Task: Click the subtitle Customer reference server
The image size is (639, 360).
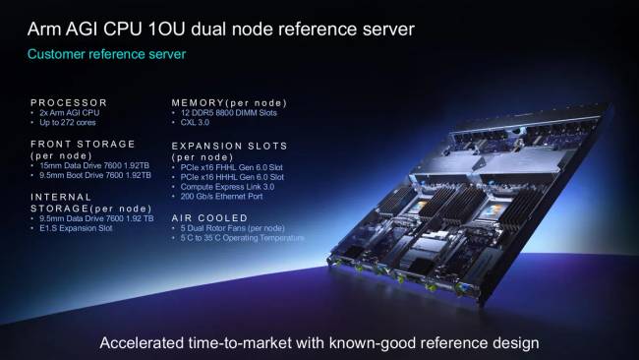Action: pyautogui.click(x=106, y=55)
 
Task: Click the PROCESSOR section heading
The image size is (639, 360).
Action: pyautogui.click(x=69, y=102)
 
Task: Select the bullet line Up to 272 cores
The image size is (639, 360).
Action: pyautogui.click(x=68, y=123)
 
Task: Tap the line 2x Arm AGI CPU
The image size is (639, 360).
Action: pyautogui.click(x=69, y=113)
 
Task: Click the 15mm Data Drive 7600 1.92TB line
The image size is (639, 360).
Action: pyautogui.click(x=94, y=165)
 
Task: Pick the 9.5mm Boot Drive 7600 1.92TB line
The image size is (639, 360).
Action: pyautogui.click(x=95, y=175)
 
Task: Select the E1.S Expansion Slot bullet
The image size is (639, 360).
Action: pyautogui.click(x=76, y=228)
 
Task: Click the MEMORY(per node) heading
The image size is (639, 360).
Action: pyautogui.click(x=229, y=102)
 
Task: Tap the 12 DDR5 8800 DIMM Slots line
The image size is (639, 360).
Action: pyautogui.click(x=229, y=113)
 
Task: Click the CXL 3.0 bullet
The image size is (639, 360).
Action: pyautogui.click(x=195, y=122)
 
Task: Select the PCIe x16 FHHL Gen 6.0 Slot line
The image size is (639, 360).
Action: pyautogui.click(x=231, y=167)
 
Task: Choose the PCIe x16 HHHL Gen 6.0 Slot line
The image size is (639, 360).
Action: pyautogui.click(x=232, y=177)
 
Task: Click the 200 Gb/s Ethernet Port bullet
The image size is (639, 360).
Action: pyautogui.click(x=222, y=196)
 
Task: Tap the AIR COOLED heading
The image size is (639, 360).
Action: pyautogui.click(x=209, y=217)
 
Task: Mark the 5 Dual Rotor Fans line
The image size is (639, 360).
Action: pyautogui.click(x=233, y=228)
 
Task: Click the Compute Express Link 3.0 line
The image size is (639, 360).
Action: pyautogui.click(x=227, y=187)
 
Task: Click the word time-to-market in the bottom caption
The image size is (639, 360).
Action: pyautogui.click(x=240, y=342)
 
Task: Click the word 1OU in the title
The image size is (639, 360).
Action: pyautogui.click(x=166, y=30)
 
